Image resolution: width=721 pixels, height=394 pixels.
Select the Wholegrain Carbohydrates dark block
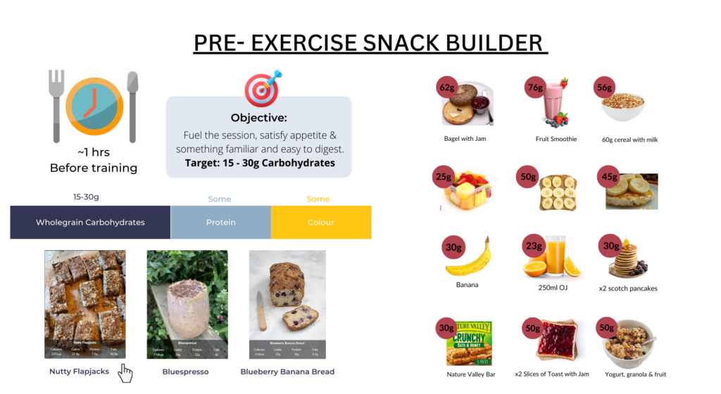point(90,222)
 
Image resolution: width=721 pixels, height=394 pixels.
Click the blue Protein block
point(220,222)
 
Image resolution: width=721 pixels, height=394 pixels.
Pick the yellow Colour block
point(321,222)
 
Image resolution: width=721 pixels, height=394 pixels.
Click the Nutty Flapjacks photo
point(85,304)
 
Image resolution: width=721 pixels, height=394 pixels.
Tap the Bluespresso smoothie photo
point(187,304)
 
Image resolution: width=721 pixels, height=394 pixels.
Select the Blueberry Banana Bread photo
point(287,304)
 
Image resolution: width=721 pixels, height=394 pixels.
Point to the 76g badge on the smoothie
point(536,88)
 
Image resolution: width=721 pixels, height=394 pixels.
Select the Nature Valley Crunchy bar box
point(469,343)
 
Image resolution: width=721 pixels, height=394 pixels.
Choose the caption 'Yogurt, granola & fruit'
point(635,374)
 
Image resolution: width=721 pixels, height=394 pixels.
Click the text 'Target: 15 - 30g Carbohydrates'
point(258,163)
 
